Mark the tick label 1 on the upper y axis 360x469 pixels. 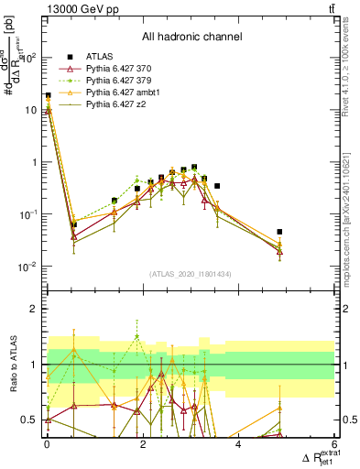pos(35,162)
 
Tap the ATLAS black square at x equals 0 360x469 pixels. pos(48,95)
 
